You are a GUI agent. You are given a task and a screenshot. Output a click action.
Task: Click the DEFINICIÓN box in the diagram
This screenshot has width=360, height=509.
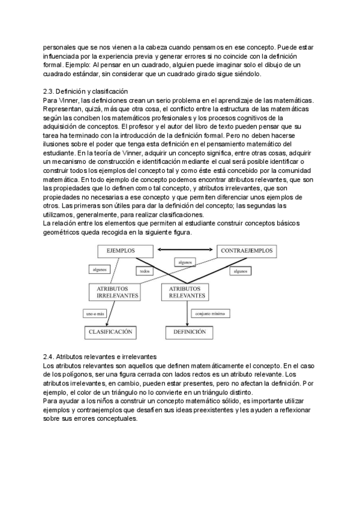[x=190, y=331]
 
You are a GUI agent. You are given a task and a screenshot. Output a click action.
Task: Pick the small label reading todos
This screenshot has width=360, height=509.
[x=144, y=271]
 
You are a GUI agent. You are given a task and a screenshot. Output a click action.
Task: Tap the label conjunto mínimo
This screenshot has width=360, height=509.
[x=209, y=313]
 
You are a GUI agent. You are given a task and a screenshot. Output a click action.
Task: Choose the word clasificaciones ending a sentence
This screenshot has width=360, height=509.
[x=176, y=215]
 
